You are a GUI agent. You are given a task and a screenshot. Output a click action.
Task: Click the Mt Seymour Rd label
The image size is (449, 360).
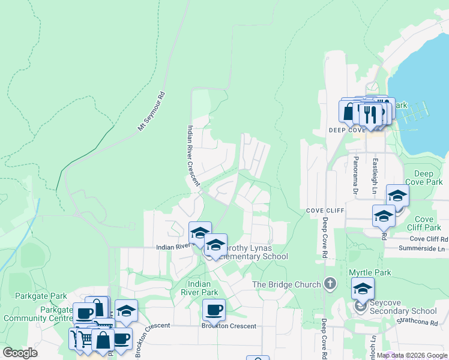point(151,111)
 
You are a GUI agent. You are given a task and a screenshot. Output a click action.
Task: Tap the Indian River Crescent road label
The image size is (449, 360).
point(193,155)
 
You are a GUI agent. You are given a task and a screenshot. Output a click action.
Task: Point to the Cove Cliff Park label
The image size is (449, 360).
point(424,223)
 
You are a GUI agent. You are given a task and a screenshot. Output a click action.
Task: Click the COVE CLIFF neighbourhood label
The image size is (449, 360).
point(324,211)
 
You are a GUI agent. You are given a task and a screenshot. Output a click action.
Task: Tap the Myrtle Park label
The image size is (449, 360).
point(370,272)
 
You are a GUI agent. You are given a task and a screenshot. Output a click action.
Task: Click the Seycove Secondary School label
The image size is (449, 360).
point(403,311)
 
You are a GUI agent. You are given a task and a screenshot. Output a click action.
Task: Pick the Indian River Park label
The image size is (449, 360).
point(202,288)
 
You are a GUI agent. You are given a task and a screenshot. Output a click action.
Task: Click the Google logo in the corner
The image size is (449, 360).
point(20,352)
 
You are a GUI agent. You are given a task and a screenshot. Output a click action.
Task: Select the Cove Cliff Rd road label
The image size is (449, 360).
point(429,239)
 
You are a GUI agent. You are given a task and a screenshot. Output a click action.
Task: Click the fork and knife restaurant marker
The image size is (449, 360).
point(371,113)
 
